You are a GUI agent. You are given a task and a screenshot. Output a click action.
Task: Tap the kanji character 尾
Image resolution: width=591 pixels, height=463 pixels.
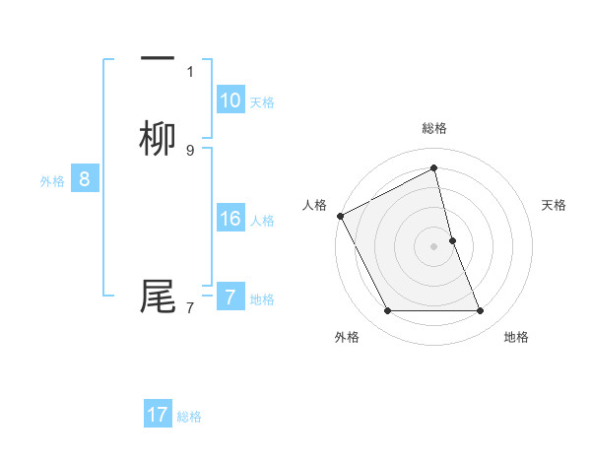158,297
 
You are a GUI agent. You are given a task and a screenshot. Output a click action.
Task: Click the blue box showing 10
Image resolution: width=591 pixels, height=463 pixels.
230,99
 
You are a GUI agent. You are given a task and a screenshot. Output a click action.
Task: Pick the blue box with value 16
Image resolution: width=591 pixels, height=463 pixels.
230,219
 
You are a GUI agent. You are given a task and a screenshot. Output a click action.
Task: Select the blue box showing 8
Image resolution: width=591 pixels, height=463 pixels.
85,179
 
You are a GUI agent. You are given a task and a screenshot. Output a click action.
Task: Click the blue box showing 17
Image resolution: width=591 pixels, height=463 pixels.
158,415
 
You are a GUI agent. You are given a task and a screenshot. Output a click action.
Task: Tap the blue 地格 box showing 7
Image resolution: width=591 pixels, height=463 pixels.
230,297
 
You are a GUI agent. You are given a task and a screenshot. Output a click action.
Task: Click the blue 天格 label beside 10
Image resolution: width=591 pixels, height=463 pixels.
262,101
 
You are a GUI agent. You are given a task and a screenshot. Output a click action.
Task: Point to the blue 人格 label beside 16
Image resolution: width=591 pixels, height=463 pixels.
262,221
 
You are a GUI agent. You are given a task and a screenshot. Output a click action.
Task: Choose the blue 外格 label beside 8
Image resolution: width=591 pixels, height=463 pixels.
52,181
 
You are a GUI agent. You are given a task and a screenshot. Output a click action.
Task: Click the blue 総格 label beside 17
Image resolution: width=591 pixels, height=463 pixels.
189,417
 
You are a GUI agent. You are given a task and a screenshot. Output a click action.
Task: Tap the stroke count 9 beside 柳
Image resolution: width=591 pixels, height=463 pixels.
190,151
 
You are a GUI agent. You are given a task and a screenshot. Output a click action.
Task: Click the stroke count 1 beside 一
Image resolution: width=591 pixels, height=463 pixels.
190,71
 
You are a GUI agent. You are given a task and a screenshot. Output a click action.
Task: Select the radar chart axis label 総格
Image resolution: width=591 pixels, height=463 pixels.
434,128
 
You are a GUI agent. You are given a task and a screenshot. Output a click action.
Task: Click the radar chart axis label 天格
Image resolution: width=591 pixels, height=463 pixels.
554,205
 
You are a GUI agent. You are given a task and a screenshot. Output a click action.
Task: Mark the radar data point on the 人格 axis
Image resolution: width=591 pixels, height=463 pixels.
340,216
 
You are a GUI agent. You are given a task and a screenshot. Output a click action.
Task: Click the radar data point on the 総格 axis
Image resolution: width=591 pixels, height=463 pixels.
434,168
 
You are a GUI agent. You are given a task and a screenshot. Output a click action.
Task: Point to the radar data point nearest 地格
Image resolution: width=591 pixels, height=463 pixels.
481,311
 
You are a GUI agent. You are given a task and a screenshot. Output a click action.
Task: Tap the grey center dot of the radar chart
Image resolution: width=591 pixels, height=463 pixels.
434,246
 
